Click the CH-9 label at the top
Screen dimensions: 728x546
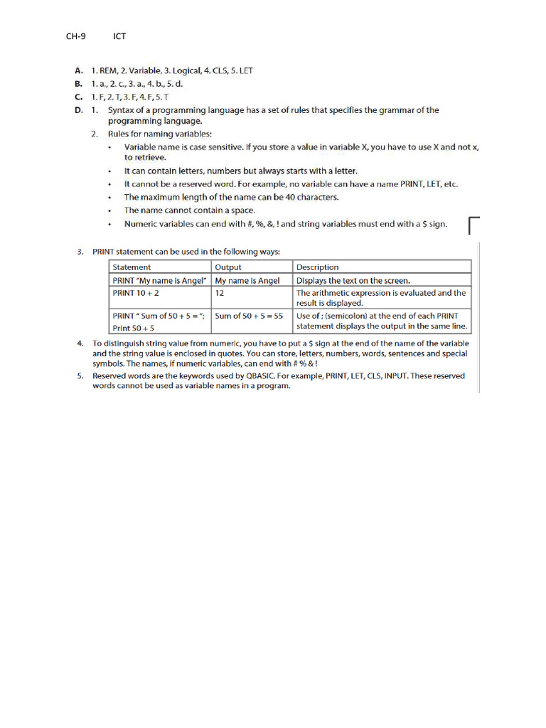point(76,36)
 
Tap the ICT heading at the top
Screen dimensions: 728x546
point(119,36)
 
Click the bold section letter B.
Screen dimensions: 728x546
point(78,84)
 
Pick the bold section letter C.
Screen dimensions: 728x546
point(78,97)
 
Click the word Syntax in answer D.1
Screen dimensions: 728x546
point(122,110)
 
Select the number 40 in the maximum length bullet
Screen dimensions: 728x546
point(290,197)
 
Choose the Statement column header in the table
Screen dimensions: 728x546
point(132,267)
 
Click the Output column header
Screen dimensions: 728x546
point(228,267)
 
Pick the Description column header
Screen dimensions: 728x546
point(317,267)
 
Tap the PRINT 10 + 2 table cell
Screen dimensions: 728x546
point(136,293)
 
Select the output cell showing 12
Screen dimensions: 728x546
point(220,293)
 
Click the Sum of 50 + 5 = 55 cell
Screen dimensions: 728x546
point(249,316)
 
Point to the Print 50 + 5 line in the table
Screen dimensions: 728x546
point(134,328)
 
